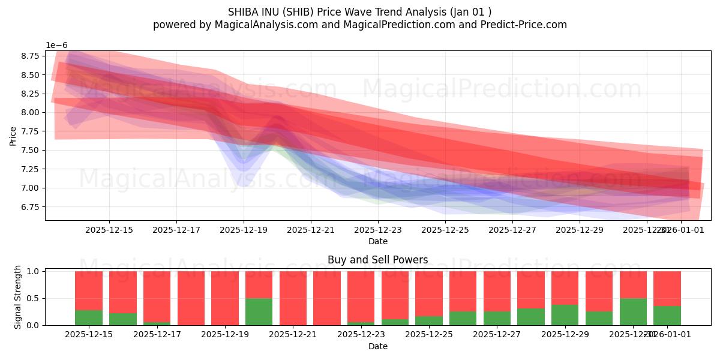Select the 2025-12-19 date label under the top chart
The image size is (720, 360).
(243, 229)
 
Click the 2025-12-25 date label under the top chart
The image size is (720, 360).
(445, 229)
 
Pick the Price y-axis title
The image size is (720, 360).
(13, 136)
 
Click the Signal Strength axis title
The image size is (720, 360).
(18, 297)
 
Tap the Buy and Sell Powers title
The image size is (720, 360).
(377, 260)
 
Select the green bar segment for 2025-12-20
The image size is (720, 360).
(259, 311)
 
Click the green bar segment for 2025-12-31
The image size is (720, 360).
(633, 311)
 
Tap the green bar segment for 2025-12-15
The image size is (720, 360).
(88, 317)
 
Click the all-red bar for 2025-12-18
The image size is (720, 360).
(191, 298)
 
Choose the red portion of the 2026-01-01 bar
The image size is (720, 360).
(667, 289)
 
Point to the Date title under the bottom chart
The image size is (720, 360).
(377, 346)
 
